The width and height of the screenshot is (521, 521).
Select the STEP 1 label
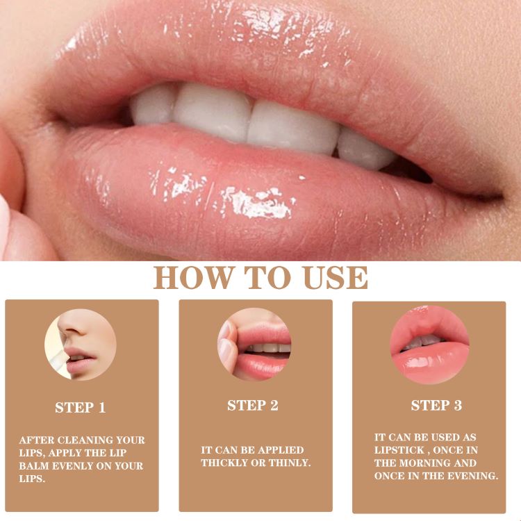tap(81, 408)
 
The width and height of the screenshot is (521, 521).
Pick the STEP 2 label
tap(253, 406)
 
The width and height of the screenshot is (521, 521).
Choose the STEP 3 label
tap(436, 406)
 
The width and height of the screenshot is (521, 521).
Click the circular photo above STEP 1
tap(81, 345)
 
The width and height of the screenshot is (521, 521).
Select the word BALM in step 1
tap(32, 465)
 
